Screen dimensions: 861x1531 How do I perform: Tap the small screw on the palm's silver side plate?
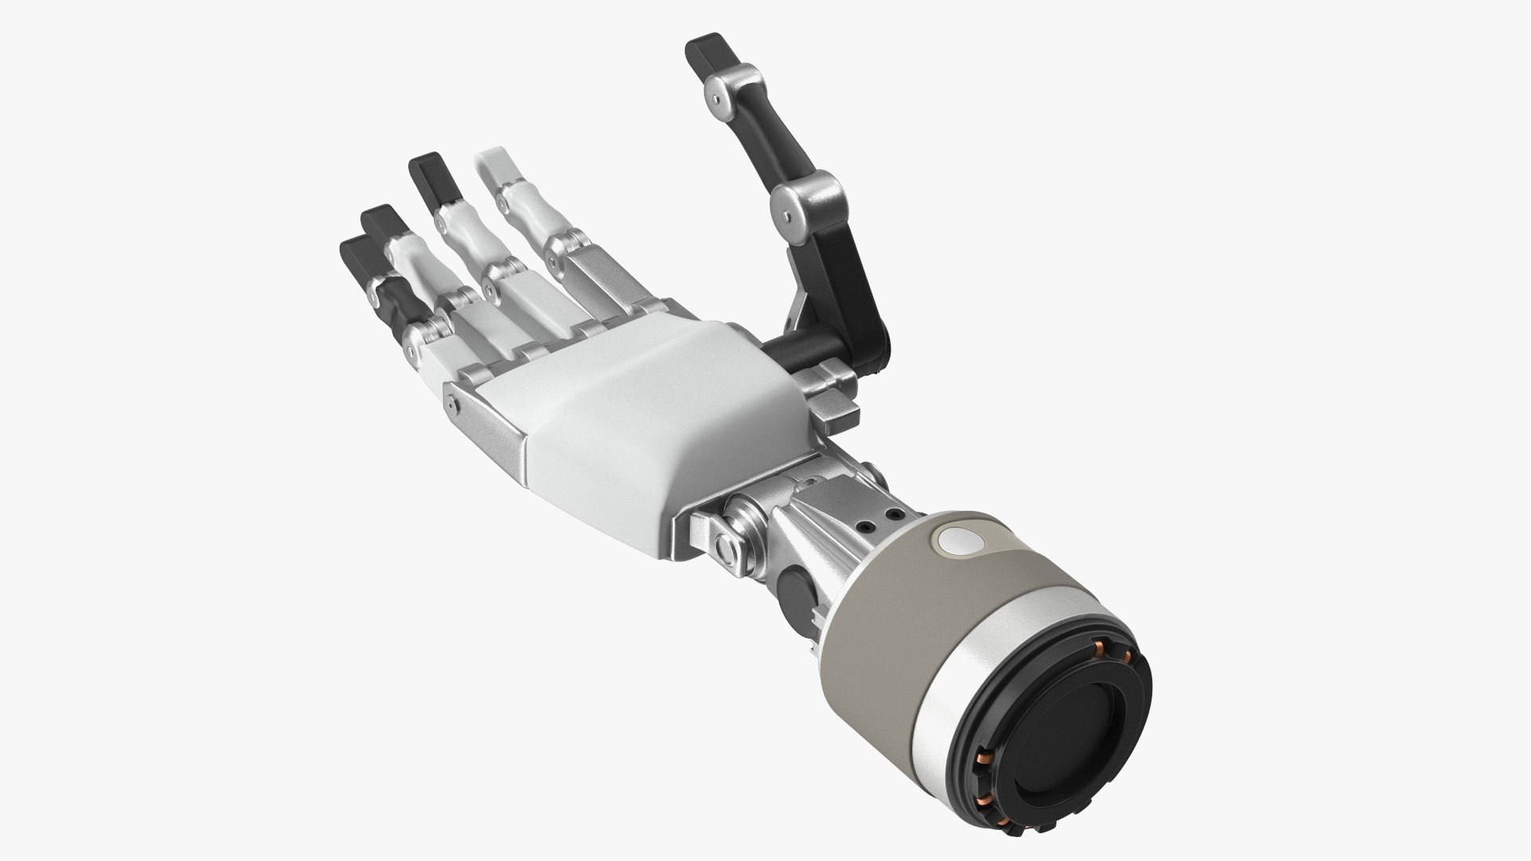click(x=453, y=405)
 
